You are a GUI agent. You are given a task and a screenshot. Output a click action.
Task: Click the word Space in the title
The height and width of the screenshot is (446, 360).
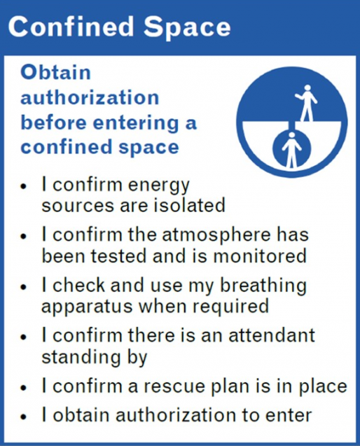187,27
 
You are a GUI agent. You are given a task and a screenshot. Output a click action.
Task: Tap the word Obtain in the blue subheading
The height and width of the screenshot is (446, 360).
56,73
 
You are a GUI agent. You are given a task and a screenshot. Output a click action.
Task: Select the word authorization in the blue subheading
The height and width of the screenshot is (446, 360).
90,97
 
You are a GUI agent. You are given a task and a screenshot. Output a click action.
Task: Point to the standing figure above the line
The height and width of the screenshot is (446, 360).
306,103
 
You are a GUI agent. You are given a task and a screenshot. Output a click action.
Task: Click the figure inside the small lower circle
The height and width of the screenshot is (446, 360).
291,150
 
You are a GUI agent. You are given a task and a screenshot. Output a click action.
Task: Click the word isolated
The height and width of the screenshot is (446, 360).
189,204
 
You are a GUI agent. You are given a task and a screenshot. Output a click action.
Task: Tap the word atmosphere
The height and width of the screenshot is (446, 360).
216,236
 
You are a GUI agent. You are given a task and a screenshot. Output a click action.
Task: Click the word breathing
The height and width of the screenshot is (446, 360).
263,286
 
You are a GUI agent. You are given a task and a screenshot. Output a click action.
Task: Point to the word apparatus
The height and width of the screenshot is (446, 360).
87,307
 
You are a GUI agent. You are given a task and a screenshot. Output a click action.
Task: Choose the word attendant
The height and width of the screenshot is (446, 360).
272,335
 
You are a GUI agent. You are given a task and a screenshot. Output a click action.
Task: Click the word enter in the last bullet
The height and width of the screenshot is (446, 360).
289,416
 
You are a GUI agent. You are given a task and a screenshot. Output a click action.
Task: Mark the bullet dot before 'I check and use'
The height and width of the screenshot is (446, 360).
24,287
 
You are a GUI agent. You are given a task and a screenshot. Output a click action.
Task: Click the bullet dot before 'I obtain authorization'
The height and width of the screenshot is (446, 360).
24,417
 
